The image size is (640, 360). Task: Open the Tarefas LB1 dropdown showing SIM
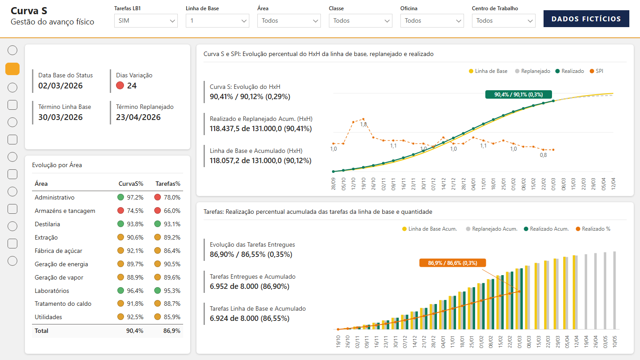[146, 21]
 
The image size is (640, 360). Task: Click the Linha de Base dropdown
[217, 21]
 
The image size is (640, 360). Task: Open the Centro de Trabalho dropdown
[504, 21]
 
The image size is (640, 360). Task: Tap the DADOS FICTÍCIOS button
[586, 19]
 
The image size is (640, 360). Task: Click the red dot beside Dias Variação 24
[120, 85]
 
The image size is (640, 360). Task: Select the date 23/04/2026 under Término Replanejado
[138, 117]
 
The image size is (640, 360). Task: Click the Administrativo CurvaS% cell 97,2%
[135, 197]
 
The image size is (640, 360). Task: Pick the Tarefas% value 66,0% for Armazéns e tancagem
[172, 211]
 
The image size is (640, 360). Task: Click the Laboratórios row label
[52, 291]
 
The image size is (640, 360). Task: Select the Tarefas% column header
[168, 184]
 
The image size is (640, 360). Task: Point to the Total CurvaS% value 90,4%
[135, 331]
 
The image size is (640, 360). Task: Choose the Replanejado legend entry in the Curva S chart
[532, 71]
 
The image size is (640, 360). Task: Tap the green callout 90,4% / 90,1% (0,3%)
[519, 95]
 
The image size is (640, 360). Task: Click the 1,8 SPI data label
[364, 124]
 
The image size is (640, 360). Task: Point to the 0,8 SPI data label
[544, 155]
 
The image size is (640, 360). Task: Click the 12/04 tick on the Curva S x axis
[613, 184]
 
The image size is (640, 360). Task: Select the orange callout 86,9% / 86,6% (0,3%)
[452, 263]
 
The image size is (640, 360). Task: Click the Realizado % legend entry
[593, 229]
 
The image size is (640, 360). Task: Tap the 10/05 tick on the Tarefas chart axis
[615, 342]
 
